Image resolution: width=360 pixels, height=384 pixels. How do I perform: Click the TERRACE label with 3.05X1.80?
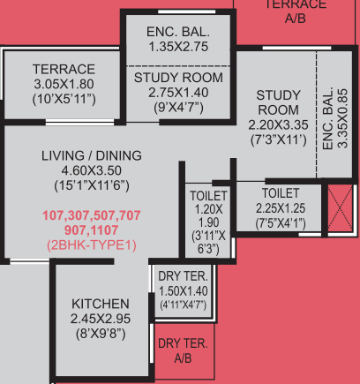point(63,77)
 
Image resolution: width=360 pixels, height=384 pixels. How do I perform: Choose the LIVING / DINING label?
point(92,155)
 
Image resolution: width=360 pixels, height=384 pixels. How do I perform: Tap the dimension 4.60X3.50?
point(92,170)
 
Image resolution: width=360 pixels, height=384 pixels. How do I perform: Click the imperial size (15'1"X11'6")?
point(92,185)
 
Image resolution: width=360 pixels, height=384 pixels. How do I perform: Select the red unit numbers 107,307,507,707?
point(92,215)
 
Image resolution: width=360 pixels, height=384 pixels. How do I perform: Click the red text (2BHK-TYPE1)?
point(92,245)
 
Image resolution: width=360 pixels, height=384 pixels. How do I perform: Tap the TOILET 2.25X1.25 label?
point(280,200)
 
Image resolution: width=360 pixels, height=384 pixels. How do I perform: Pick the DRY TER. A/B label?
point(183,350)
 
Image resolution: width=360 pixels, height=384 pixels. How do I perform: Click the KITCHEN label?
point(101,303)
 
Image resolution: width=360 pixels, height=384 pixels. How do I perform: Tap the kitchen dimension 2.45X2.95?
point(101,319)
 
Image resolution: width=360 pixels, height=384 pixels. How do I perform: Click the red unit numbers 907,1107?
point(92,230)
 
